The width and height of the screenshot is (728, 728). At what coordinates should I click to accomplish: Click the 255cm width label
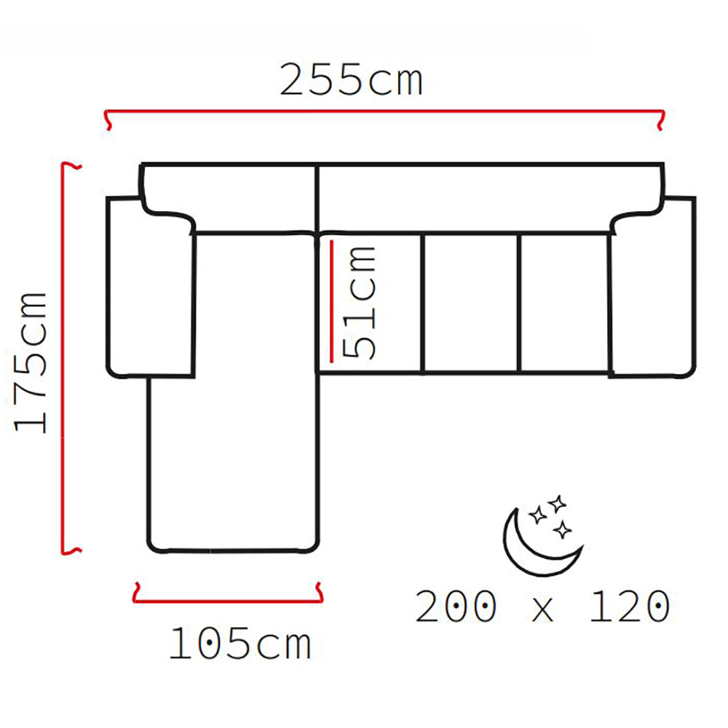[x=352, y=81]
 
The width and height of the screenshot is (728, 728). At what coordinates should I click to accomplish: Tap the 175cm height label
[x=31, y=363]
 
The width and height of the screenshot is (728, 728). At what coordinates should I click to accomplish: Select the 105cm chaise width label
[x=240, y=644]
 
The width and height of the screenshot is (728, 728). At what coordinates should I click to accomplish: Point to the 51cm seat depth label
[x=358, y=302]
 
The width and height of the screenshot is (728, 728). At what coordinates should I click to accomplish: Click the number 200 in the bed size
[x=456, y=606]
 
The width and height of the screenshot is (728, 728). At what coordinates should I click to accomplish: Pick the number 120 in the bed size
[x=630, y=606]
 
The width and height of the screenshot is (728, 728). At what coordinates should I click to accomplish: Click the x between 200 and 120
[x=543, y=610]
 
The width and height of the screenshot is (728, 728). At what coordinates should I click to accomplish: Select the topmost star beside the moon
[x=556, y=504]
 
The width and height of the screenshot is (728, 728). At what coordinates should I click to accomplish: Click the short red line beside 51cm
[x=331, y=301]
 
